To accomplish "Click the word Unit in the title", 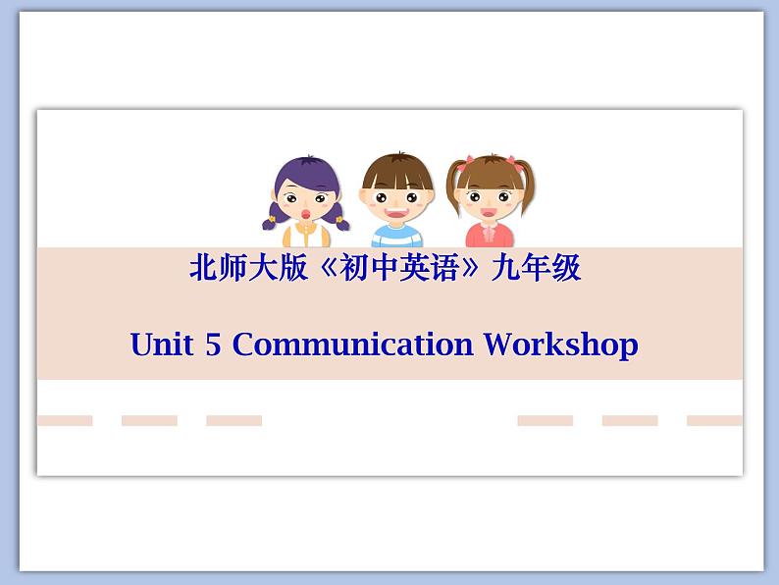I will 161,345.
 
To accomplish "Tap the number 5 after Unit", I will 214,345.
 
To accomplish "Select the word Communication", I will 352,345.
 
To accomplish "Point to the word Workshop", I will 561,345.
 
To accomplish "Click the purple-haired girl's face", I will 306,196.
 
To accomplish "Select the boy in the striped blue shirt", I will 396,202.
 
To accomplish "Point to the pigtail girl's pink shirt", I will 490,237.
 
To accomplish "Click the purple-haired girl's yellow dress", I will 306,237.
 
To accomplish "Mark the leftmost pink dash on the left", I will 65,420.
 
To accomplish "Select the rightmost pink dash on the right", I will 714,420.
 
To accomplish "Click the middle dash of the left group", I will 149,420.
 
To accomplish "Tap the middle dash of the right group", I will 630,420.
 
